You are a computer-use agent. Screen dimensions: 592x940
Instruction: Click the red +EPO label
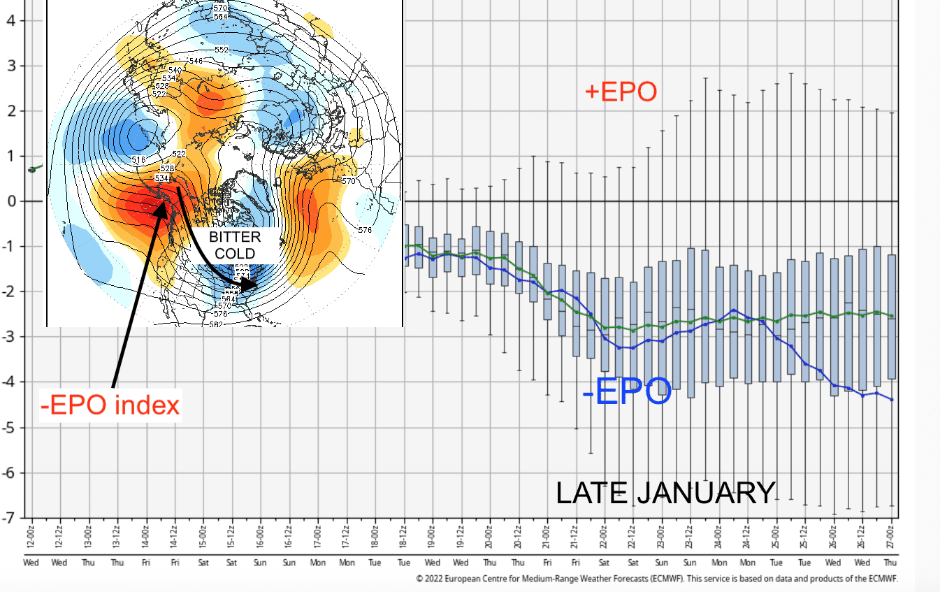point(621,92)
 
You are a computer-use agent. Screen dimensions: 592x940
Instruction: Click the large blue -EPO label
point(626,392)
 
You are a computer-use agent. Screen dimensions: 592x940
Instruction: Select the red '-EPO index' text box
point(110,405)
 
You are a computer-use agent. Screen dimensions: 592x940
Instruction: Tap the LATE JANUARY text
point(665,493)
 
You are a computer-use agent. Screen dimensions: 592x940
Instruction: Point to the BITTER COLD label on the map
point(234,245)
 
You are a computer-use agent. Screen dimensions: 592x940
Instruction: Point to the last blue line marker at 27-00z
point(892,400)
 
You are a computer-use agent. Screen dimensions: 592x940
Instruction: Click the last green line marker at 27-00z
point(892,316)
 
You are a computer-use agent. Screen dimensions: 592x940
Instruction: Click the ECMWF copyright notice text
point(656,579)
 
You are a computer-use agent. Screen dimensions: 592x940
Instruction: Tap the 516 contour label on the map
point(139,161)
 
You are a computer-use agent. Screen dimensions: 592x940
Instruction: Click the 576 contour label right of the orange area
point(364,230)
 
